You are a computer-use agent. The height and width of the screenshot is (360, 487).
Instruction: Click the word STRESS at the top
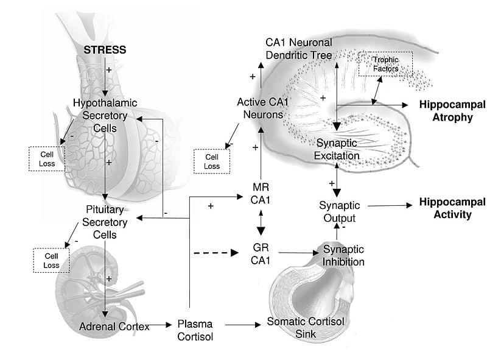tap(105, 50)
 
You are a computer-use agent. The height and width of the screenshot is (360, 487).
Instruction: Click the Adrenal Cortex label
tap(114, 326)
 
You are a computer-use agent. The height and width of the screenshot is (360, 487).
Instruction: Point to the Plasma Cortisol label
tap(195, 330)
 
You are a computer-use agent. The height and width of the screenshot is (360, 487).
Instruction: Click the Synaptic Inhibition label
tap(343, 256)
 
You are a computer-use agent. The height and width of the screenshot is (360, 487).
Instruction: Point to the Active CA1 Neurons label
tap(261, 107)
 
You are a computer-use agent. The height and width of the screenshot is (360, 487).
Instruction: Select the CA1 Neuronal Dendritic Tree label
tap(299, 49)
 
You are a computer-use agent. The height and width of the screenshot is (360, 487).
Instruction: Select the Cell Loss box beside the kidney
tap(51, 260)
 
